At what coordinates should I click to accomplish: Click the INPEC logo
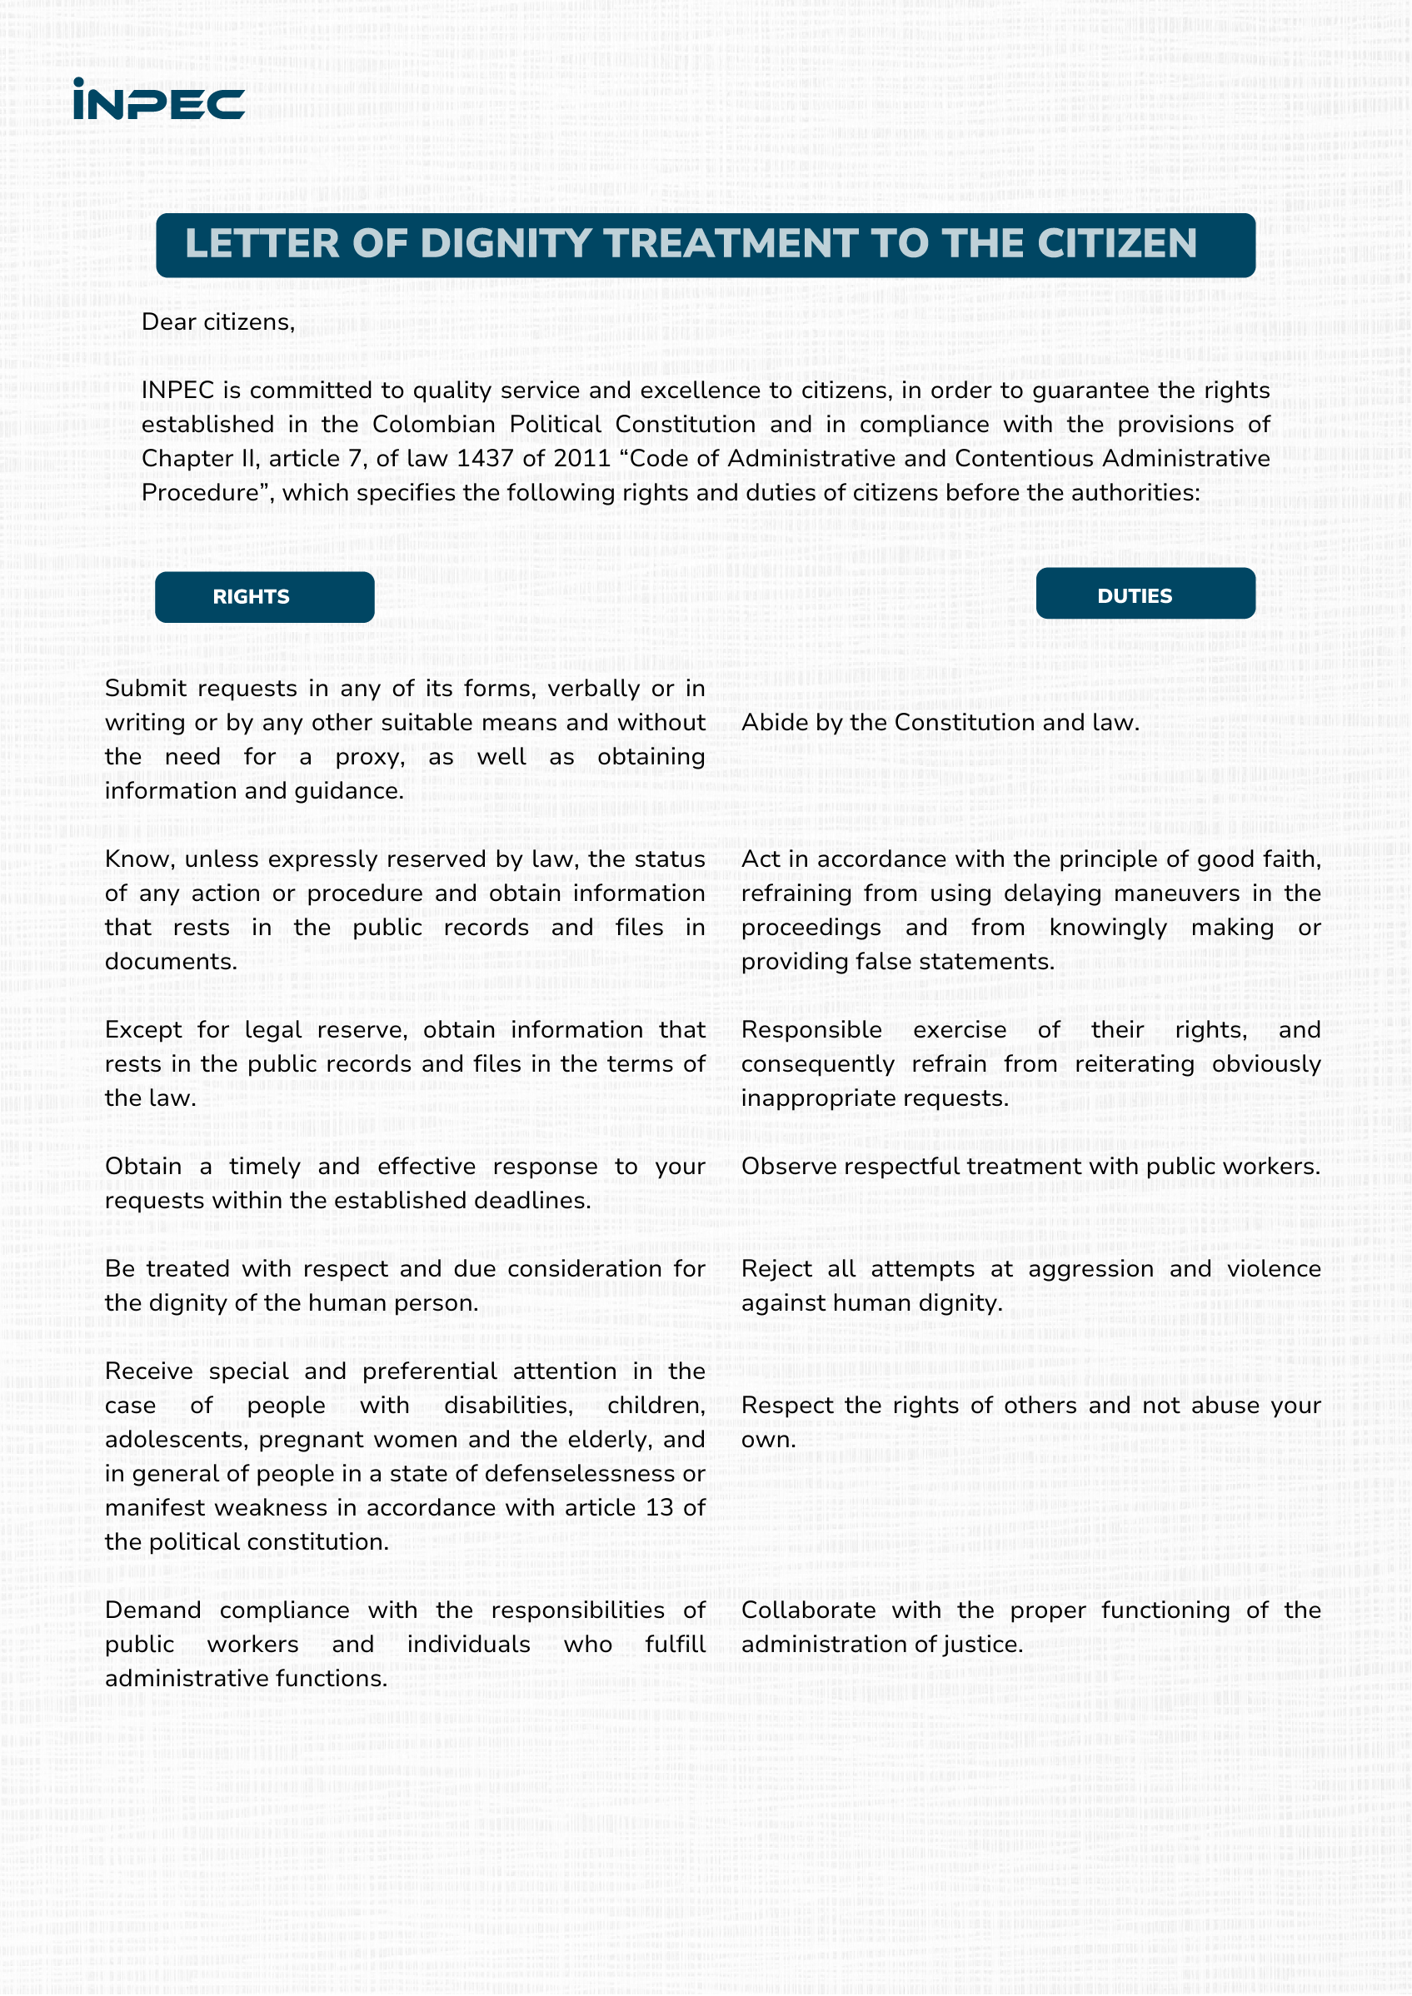158,100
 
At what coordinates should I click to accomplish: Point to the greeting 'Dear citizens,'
218,322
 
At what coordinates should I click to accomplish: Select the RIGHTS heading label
252,597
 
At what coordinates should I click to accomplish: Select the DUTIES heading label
1135,596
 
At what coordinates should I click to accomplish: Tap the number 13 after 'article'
659,1508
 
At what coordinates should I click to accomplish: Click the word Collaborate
808,1611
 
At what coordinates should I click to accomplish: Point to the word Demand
153,1611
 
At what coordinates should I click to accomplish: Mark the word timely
264,1167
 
